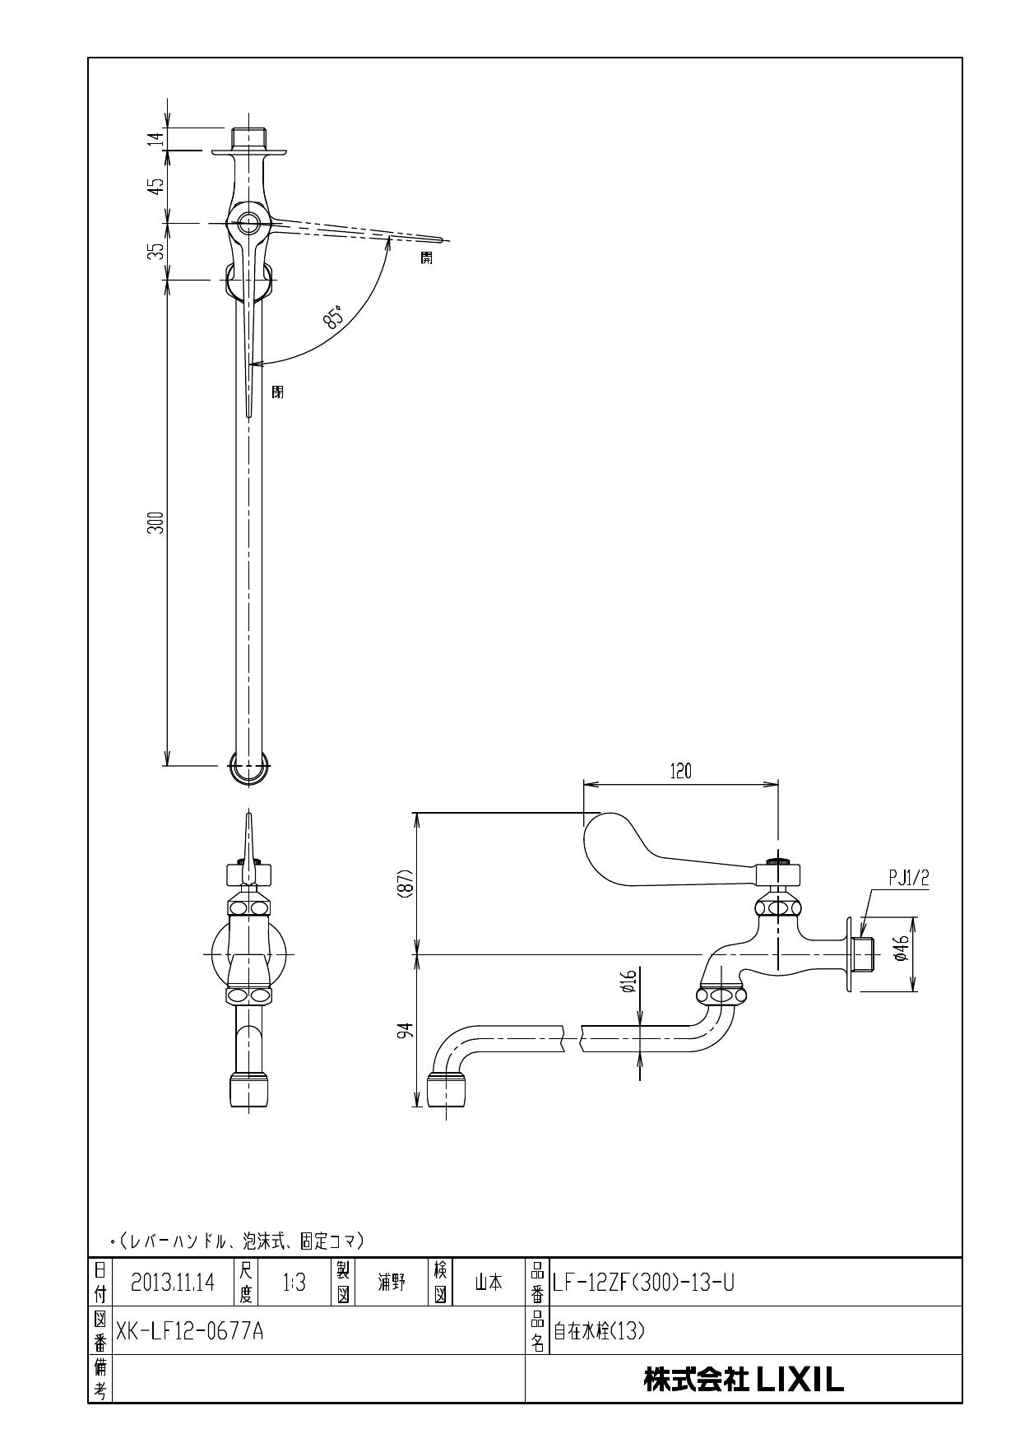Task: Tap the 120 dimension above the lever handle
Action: (x=680, y=771)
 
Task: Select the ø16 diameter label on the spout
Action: (x=628, y=981)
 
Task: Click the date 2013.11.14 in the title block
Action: (x=172, y=1282)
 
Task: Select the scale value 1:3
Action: (x=294, y=1282)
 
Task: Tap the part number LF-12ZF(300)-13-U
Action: (x=643, y=1282)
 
